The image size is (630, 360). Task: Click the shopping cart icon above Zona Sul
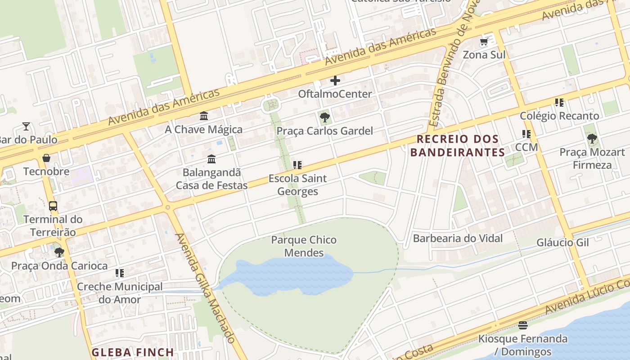click(484, 42)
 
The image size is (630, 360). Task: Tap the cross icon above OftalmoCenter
click(335, 81)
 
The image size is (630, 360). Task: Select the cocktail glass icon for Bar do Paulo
click(26, 126)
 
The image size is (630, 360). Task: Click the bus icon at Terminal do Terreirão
click(53, 206)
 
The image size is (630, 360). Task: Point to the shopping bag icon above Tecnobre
click(46, 158)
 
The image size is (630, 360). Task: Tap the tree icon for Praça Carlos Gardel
click(324, 118)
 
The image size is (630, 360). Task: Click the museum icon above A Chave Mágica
click(204, 116)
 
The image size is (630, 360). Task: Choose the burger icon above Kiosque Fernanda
click(522, 325)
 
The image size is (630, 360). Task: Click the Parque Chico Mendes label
click(304, 246)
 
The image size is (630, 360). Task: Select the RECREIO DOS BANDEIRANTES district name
click(458, 145)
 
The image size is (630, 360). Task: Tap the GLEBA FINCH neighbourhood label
click(133, 352)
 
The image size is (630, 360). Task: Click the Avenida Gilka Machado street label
click(205, 288)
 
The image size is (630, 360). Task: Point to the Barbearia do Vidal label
click(458, 238)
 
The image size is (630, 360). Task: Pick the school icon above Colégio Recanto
click(559, 103)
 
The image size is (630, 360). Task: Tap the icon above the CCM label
click(526, 134)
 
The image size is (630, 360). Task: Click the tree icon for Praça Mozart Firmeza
click(592, 139)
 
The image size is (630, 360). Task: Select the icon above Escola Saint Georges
click(297, 165)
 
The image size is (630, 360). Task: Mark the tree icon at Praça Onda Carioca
click(59, 252)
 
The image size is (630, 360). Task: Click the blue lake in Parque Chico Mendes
click(288, 274)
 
